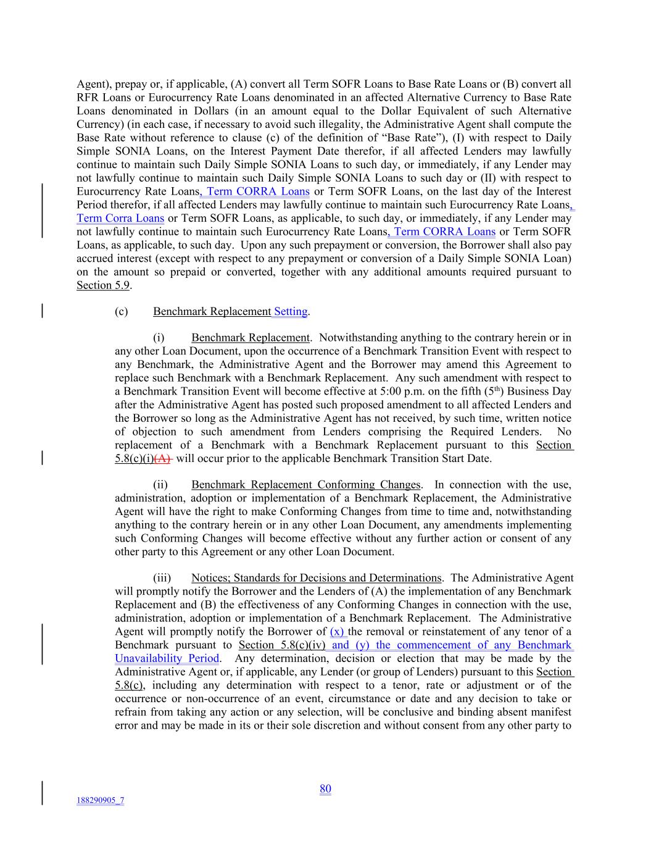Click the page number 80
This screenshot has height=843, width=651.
[x=325, y=789]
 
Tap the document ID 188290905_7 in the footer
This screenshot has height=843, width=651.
[x=100, y=800]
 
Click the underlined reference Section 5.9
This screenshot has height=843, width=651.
[x=103, y=285]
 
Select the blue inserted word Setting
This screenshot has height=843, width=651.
[x=291, y=311]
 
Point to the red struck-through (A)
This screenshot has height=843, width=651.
[x=164, y=458]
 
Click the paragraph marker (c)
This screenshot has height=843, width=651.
[x=122, y=311]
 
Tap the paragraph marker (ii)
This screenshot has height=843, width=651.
[x=160, y=485]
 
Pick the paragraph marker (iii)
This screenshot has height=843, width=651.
[x=162, y=578]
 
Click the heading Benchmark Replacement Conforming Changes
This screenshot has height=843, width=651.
[x=306, y=485]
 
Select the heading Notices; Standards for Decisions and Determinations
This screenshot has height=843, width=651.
[x=316, y=578]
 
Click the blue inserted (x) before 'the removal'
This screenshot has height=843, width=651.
[x=338, y=631]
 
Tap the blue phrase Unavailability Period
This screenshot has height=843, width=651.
[x=167, y=658]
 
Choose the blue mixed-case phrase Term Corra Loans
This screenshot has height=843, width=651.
[x=120, y=218]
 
